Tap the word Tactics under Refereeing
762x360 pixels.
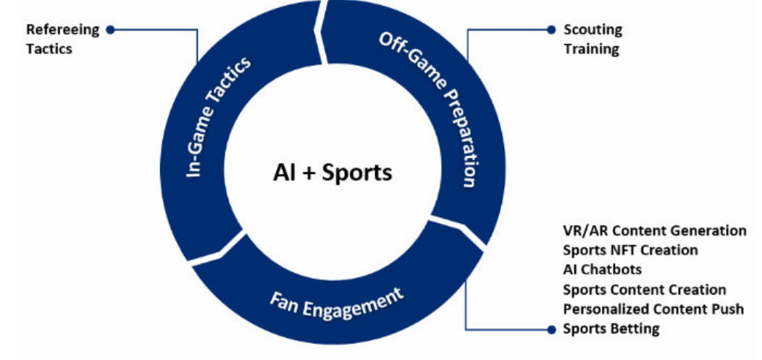49,49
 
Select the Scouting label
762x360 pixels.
593,30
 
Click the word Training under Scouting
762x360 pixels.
591,49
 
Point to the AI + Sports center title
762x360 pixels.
332,172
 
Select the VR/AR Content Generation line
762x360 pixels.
654,230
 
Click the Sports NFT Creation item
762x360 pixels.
630,250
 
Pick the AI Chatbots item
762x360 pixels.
602,269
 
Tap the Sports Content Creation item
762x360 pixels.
644,290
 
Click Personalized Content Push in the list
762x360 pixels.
653,309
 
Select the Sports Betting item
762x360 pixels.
611,329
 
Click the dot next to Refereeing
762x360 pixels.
110,30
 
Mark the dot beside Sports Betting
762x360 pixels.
551,329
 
